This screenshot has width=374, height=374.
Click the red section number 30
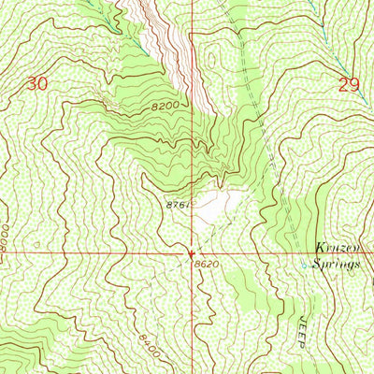point(36,84)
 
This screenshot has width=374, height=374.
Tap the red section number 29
point(349,85)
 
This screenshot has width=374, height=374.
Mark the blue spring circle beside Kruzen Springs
point(302,266)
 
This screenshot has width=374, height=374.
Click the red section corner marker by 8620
point(192,252)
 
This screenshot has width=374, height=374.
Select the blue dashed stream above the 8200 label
point(131,37)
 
